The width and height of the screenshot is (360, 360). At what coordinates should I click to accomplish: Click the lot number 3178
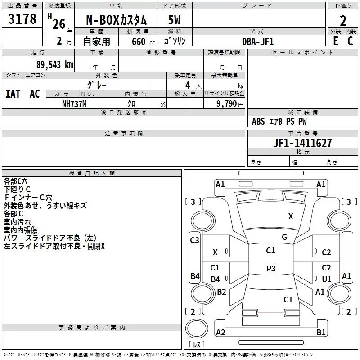pos(22,19)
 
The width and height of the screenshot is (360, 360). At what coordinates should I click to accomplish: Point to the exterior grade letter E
pos(336,41)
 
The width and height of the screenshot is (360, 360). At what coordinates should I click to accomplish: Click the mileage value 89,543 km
pos(55,65)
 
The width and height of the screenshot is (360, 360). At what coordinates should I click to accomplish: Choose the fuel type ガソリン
pos(175,41)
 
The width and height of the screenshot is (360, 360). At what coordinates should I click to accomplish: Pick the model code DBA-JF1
pos(258,41)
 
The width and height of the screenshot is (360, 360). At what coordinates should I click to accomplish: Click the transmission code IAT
pos(13,94)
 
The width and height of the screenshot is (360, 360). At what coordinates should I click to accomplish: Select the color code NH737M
pos(74,104)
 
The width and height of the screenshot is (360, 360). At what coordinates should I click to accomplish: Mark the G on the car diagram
pos(284,237)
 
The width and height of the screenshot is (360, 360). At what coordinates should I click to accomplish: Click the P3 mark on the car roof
pos(271,268)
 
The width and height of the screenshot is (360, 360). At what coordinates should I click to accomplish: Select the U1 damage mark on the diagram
pos(326,279)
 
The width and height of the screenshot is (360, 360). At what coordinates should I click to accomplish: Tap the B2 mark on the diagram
pos(221,292)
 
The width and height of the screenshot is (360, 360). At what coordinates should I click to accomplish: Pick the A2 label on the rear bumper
pos(220,333)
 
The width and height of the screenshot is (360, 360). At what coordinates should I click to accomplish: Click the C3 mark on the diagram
pos(194,240)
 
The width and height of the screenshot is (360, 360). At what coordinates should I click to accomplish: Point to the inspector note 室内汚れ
pos(18,222)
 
